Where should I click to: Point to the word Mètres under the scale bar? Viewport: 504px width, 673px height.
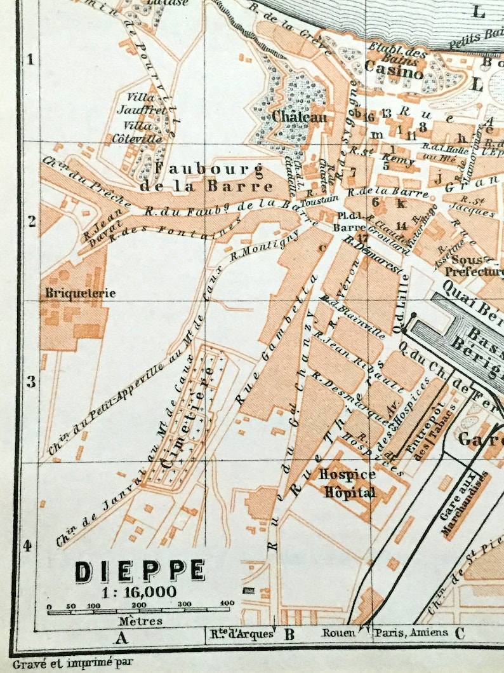[x=140, y=621]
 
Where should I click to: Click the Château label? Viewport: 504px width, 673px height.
[x=300, y=117]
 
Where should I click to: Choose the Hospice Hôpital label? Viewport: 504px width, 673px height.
[x=347, y=483]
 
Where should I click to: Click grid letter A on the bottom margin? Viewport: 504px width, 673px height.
[x=121, y=634]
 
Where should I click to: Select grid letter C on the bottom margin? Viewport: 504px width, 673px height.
[x=460, y=632]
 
